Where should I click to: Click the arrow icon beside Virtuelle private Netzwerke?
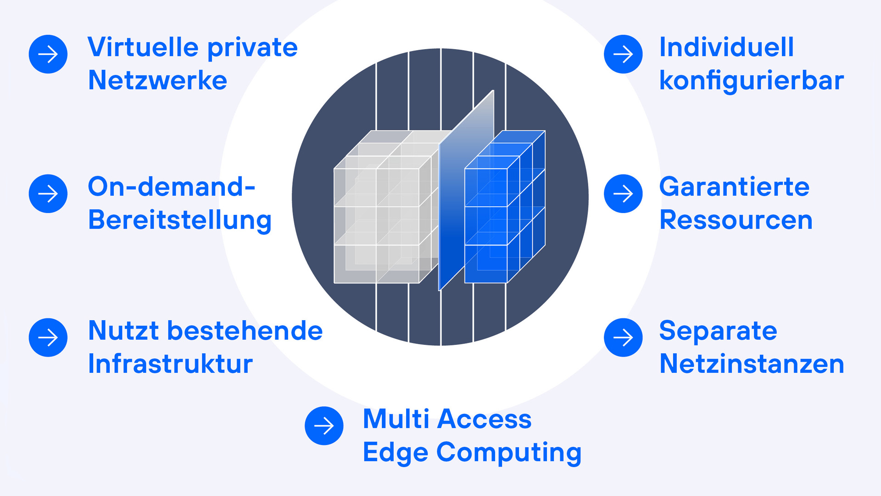click(48, 54)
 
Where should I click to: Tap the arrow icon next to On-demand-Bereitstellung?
click(48, 193)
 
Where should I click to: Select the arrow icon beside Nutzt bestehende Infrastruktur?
click(48, 338)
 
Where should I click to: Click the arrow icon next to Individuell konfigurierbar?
click(623, 54)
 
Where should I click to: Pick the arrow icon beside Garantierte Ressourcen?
click(623, 193)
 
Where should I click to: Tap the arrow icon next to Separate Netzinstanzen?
click(623, 338)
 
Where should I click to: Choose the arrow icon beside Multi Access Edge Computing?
click(324, 426)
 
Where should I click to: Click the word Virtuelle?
click(143, 47)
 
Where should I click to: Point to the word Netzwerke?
click(157, 80)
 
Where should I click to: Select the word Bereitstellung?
click(180, 220)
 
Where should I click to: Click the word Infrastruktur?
click(170, 364)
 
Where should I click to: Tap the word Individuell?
click(726, 47)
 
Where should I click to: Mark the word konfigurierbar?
click(751, 80)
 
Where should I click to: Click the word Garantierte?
click(734, 187)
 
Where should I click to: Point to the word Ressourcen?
click(736, 220)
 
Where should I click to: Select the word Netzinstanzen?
click(752, 364)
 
